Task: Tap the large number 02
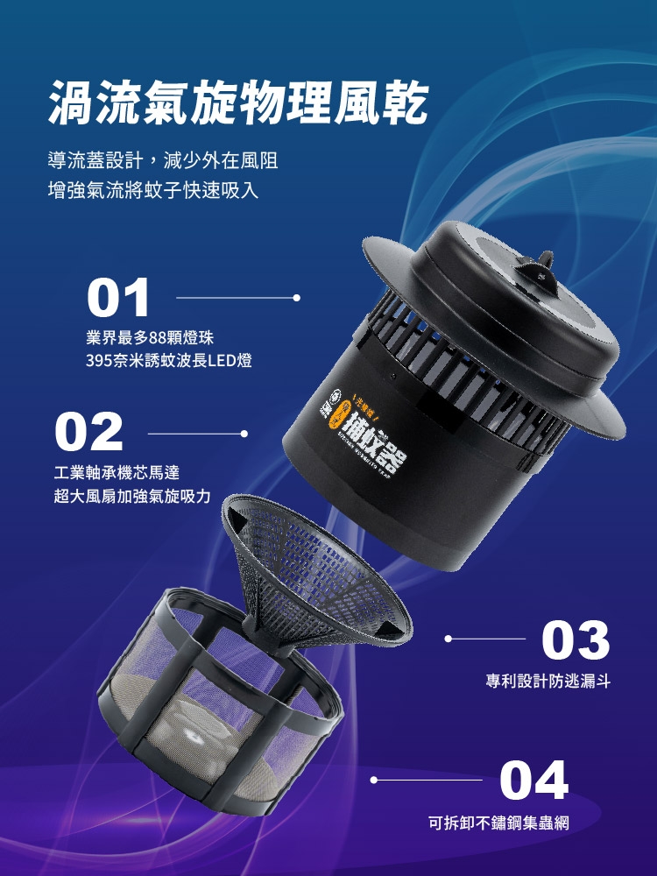point(88,433)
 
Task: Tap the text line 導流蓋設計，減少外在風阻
point(163,161)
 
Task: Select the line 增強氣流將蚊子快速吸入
point(153,189)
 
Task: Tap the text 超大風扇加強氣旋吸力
point(132,496)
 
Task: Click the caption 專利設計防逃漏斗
point(548,680)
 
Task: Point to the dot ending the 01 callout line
point(297,298)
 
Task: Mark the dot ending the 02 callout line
point(244,433)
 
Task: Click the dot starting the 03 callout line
point(448,639)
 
